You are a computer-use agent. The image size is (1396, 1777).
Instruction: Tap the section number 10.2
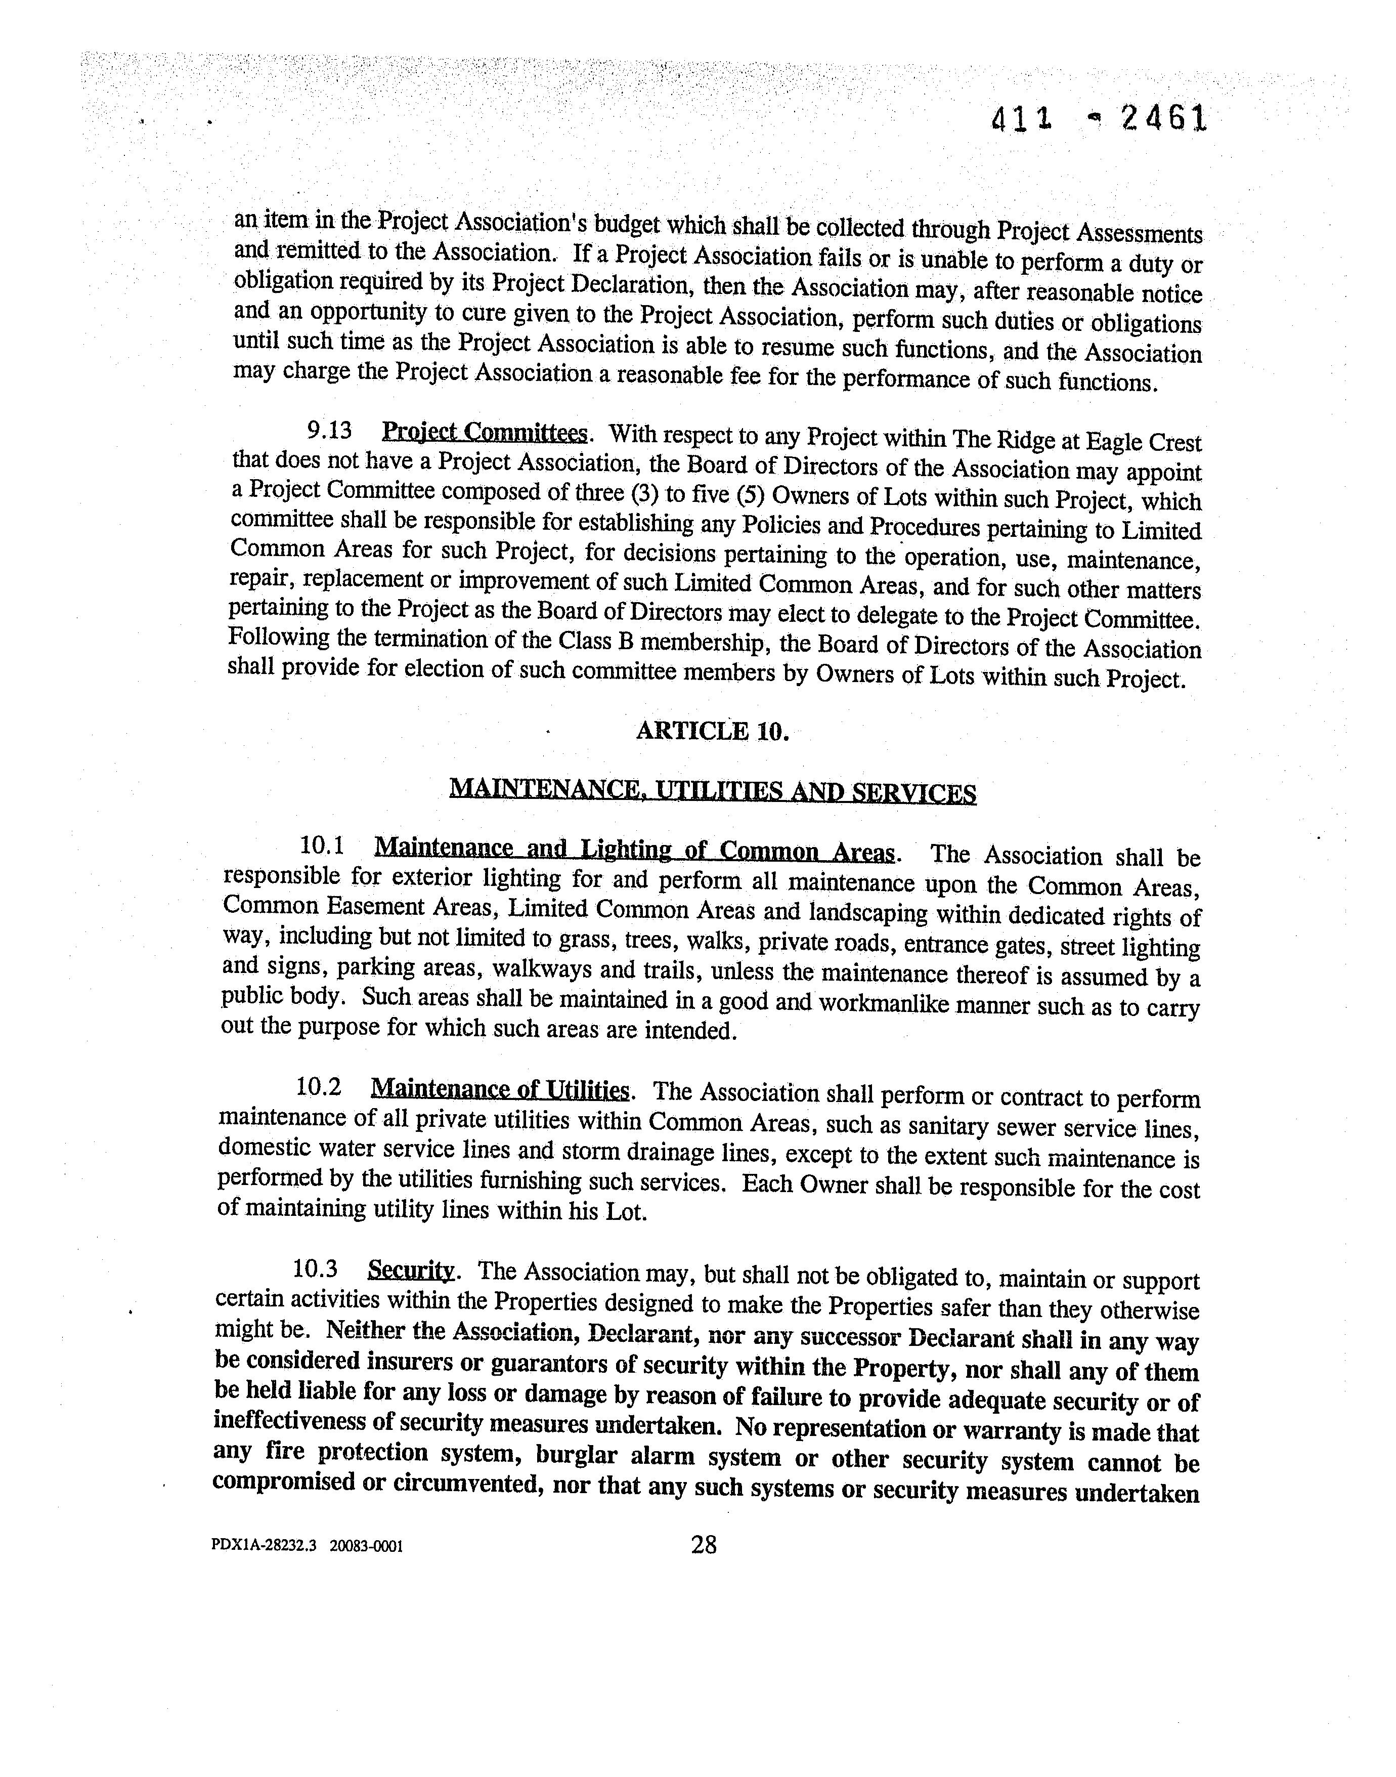[x=319, y=1087]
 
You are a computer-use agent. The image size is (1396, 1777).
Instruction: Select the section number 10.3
[x=316, y=1268]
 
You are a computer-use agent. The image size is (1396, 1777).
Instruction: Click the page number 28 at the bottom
[x=704, y=1545]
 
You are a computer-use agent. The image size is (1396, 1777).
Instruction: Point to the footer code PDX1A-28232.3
[x=263, y=1546]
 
